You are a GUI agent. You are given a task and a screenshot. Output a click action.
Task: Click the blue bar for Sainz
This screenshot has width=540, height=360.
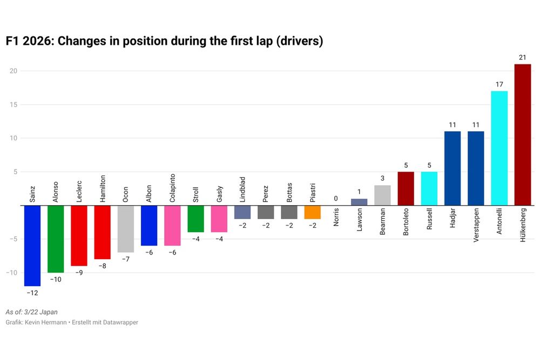32,246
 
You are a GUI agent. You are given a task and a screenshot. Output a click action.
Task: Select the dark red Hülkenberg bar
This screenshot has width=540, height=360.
522,135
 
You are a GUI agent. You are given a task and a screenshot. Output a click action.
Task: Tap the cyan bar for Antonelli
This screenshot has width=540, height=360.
499,148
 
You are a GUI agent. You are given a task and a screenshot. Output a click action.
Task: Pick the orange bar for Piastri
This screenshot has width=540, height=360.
313,212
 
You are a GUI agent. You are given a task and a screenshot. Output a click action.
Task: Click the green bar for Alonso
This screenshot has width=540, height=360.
56,239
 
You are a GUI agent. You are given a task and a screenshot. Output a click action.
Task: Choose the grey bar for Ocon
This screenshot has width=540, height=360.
125,229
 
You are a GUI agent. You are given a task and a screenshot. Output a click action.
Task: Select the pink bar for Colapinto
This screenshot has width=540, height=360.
172,226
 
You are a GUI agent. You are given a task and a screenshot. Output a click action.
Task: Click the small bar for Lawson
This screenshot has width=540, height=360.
359,202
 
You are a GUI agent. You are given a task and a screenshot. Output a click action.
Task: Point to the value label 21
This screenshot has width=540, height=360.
522,57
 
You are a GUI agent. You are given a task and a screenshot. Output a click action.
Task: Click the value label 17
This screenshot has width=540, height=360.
499,84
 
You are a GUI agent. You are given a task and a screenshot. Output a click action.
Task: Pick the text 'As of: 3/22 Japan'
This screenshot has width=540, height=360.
31,312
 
